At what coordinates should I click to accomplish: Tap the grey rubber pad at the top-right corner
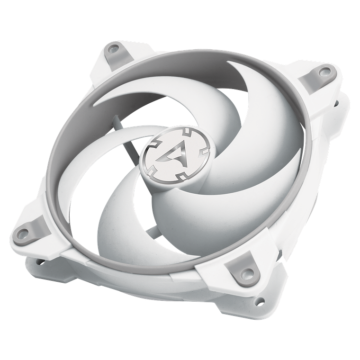323,71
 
